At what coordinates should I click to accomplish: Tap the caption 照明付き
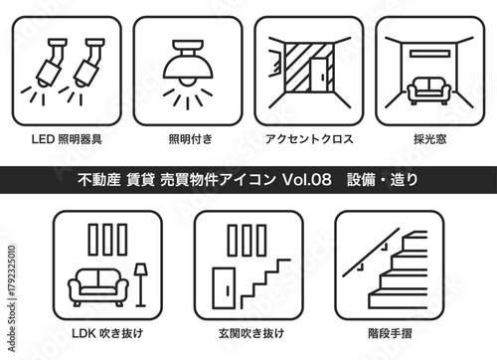coord(188,138)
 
